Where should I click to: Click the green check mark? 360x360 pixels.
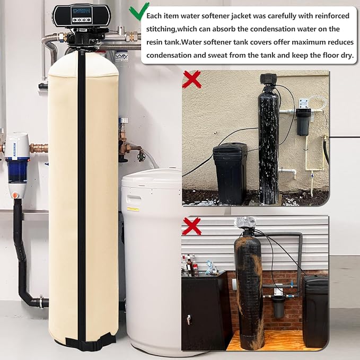point(138,11)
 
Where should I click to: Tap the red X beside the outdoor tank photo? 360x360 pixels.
point(192,80)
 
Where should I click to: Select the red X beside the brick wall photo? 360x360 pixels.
point(192,226)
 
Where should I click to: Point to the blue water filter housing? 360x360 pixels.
point(17,170)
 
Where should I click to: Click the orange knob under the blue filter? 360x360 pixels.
point(14,195)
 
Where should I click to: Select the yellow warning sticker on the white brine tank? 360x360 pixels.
point(133,209)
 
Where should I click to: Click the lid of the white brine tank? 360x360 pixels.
point(152,179)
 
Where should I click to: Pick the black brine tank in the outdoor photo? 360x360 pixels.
point(231,173)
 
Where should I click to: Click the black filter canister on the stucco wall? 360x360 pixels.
point(303,122)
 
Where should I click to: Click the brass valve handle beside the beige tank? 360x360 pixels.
point(141,156)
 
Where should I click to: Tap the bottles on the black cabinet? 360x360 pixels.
point(190,265)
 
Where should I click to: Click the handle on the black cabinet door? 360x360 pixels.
point(189,320)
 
